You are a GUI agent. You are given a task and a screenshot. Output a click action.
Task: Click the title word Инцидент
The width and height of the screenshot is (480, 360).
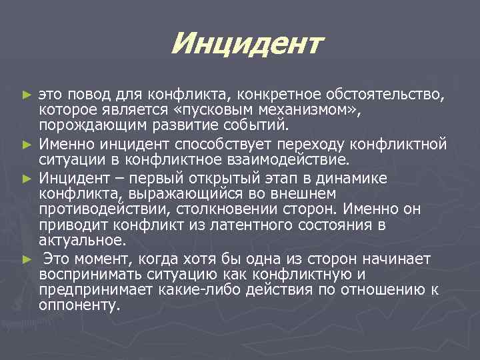pyautogui.click(x=246, y=45)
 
